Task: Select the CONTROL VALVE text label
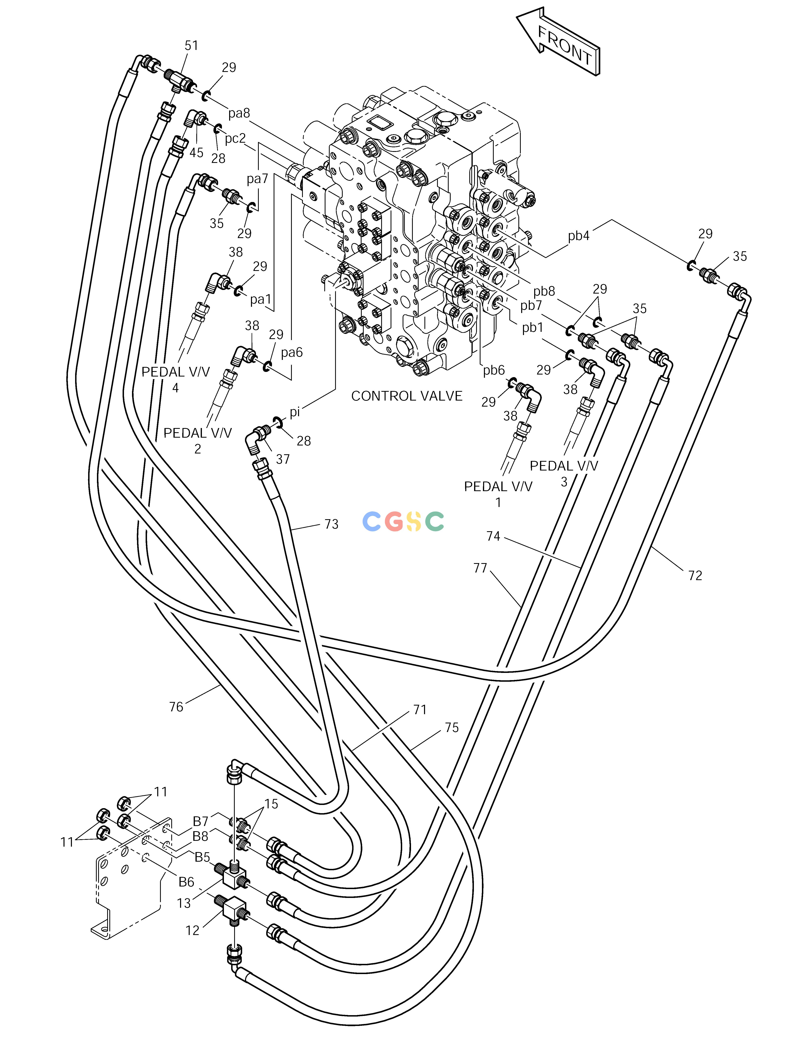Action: click(x=407, y=396)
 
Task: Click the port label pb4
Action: click(x=579, y=236)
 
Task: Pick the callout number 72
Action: click(x=695, y=576)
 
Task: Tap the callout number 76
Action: click(x=176, y=707)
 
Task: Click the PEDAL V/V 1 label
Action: click(x=498, y=494)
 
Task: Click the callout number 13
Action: click(x=184, y=904)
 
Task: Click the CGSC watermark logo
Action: click(x=403, y=521)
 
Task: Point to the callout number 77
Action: click(x=480, y=568)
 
